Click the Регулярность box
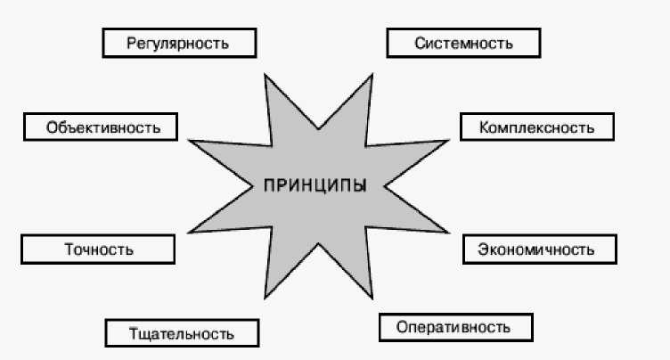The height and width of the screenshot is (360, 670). (179, 42)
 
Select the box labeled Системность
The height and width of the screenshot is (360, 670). (463, 42)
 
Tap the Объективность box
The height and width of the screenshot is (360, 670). (101, 127)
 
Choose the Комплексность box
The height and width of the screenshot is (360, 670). (537, 127)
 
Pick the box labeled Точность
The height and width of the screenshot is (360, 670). (98, 250)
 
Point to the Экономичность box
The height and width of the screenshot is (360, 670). (540, 249)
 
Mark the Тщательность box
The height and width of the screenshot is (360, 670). (182, 333)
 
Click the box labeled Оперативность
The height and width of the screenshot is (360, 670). (455, 327)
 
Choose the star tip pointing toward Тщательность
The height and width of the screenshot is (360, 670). (266, 296)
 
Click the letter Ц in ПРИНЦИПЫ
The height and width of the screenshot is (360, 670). (320, 186)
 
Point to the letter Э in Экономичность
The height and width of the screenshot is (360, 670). (482, 250)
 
